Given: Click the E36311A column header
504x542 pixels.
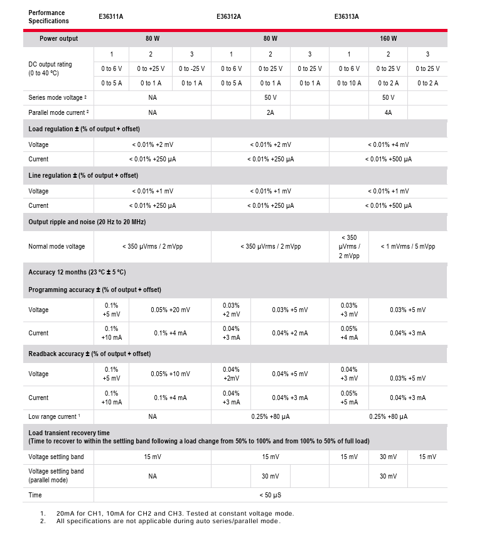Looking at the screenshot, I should (111, 16).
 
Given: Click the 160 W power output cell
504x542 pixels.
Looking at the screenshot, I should (389, 38).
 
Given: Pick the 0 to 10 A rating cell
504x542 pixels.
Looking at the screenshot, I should (349, 83).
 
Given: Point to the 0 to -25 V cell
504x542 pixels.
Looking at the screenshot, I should (191, 68).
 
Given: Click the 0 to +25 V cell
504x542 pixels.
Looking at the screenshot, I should (151, 68).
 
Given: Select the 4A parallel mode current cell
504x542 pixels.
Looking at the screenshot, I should (389, 112).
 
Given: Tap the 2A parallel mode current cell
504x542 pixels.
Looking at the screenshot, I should (271, 112).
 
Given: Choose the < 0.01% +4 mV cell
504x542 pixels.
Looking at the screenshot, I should (389, 144).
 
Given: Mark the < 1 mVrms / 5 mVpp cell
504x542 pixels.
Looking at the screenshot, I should (407, 246).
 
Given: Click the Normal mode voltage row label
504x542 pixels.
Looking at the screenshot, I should (56, 246).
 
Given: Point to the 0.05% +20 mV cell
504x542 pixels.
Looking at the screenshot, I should (170, 310).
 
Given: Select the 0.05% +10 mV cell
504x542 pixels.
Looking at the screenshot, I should (170, 374).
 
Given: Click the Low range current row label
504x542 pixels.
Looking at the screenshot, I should (54, 416).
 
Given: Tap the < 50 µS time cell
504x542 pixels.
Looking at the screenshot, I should (271, 495).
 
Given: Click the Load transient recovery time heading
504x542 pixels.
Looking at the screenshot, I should (69, 433).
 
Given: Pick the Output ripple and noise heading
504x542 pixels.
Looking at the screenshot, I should (87, 222).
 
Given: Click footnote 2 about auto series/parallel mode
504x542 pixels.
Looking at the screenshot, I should (168, 521).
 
